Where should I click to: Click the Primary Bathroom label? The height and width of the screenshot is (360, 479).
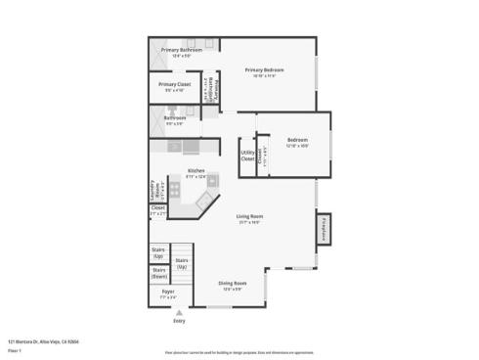[182, 49]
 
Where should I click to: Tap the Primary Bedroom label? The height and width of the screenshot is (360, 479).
[264, 70]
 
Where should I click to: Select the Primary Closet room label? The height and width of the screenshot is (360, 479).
[175, 84]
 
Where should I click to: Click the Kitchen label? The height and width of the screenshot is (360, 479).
[196, 170]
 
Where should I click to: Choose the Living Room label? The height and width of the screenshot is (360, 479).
[249, 216]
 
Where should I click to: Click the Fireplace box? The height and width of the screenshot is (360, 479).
[324, 229]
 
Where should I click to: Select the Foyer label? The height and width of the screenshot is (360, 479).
[168, 292]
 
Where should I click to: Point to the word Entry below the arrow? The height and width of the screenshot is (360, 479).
[179, 321]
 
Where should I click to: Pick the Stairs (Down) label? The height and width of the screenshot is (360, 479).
[159, 274]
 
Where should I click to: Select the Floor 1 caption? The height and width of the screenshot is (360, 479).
[15, 349]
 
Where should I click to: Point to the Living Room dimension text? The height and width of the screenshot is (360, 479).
[249, 222]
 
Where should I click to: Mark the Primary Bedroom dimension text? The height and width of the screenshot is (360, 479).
[264, 76]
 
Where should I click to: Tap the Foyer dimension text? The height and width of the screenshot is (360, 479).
[168, 297]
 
